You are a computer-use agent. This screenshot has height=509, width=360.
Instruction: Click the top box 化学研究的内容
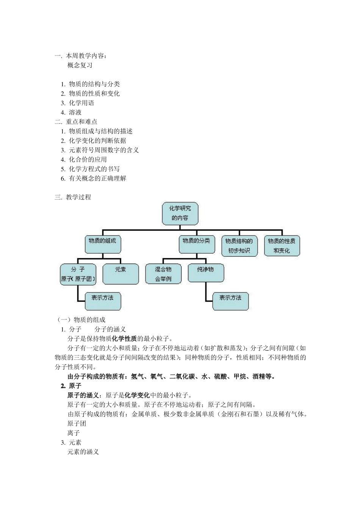point(180,213)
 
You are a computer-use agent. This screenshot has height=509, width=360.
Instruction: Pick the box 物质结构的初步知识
point(239,245)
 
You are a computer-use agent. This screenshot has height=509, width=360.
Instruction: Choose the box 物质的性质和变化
point(282,245)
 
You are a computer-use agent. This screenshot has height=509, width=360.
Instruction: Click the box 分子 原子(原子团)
point(78,274)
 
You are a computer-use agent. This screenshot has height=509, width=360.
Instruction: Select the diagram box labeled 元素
point(121,273)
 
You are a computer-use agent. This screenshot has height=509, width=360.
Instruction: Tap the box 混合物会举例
point(163,274)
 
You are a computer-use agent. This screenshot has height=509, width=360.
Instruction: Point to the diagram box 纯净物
point(206,273)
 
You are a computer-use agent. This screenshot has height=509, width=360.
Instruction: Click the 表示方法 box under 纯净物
point(230,301)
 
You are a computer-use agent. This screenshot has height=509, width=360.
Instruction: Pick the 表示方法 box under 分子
point(102,301)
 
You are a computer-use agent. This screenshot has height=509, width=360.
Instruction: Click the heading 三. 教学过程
point(73,197)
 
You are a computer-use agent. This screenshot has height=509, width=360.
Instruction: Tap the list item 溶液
point(75,112)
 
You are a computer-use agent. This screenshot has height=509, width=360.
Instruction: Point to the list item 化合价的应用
point(88,159)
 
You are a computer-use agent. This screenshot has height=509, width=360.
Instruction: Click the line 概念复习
point(80,65)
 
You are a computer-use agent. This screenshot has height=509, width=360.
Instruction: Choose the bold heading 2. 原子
point(71,386)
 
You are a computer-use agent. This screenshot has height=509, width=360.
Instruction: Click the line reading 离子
point(74,433)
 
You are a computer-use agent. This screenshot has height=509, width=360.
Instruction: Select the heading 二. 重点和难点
point(76,122)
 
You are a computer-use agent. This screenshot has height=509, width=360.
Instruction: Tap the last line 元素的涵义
point(83,452)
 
